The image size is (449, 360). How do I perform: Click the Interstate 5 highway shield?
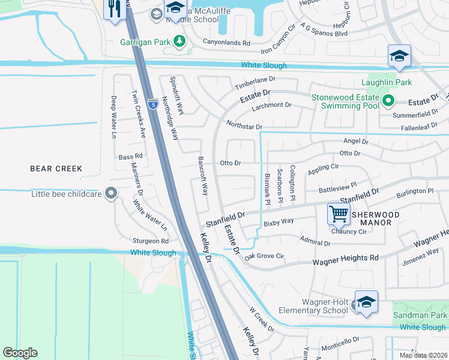coord(153,105)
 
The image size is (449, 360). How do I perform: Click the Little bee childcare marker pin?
coord(110,193)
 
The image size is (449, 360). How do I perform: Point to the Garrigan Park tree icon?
coord(178,41)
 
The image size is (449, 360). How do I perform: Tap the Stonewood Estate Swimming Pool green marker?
coord(388,101)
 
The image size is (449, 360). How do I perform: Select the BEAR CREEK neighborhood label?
coord(55,169)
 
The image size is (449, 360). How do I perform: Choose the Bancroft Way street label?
coord(203,176)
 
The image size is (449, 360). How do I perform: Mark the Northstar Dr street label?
coord(244,126)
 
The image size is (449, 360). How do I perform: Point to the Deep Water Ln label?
coord(113,117)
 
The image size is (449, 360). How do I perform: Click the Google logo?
coord(20,353)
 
